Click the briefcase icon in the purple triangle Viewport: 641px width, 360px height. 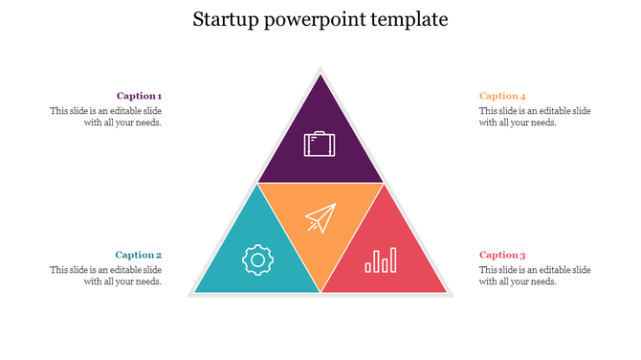coord(320,145)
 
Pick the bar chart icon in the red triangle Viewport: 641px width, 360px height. coord(381,260)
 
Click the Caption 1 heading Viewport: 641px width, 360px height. coord(139,96)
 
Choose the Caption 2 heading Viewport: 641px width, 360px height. coord(139,255)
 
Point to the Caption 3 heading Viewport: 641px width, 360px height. coord(502,255)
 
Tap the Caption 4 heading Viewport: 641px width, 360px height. coord(502,96)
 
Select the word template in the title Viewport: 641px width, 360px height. coord(409,19)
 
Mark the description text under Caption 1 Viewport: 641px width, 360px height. coord(106,117)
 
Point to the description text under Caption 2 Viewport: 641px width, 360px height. coord(106,276)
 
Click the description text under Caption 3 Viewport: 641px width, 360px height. coord(535,276)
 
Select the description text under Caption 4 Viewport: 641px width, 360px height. coord(535,117)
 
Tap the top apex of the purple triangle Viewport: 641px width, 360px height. coord(320,74)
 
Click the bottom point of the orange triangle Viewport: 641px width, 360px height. coord(320,290)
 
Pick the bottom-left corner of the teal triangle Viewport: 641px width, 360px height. coord(196,291)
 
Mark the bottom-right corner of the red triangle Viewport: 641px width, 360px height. coord(445,291)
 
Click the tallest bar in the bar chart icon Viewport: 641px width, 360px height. coord(392,259)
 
